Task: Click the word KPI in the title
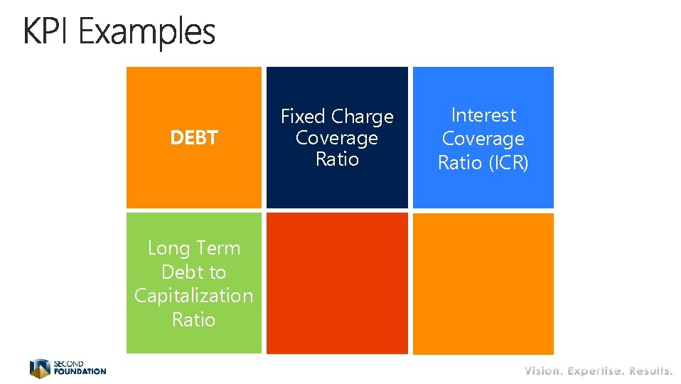(47, 32)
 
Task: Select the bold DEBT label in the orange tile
(193, 137)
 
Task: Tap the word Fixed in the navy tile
(303, 116)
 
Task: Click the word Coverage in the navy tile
(337, 138)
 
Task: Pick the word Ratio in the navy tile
(337, 159)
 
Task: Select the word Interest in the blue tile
(483, 115)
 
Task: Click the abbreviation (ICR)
(508, 163)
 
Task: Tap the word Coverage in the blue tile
(483, 139)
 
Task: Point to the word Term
(218, 248)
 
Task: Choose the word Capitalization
(193, 296)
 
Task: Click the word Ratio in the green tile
(193, 319)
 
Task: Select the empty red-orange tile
(337, 283)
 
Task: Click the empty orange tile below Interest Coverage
(483, 283)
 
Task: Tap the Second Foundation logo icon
(40, 368)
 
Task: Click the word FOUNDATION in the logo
(80, 371)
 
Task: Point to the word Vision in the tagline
(543, 370)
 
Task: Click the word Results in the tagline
(650, 370)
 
